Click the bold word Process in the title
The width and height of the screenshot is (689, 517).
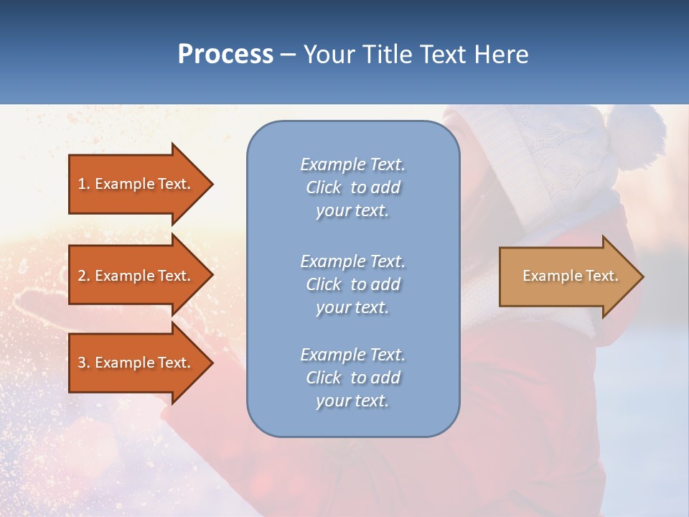[x=225, y=55]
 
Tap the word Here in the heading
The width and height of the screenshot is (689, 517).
[x=500, y=55]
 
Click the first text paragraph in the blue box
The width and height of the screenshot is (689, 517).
[x=352, y=187]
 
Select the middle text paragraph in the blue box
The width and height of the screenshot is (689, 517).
[x=352, y=284]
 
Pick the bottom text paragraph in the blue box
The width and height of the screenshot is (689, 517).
[x=352, y=378]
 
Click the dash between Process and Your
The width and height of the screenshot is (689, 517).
[x=288, y=55]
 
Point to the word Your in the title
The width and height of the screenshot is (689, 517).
[x=329, y=55]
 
